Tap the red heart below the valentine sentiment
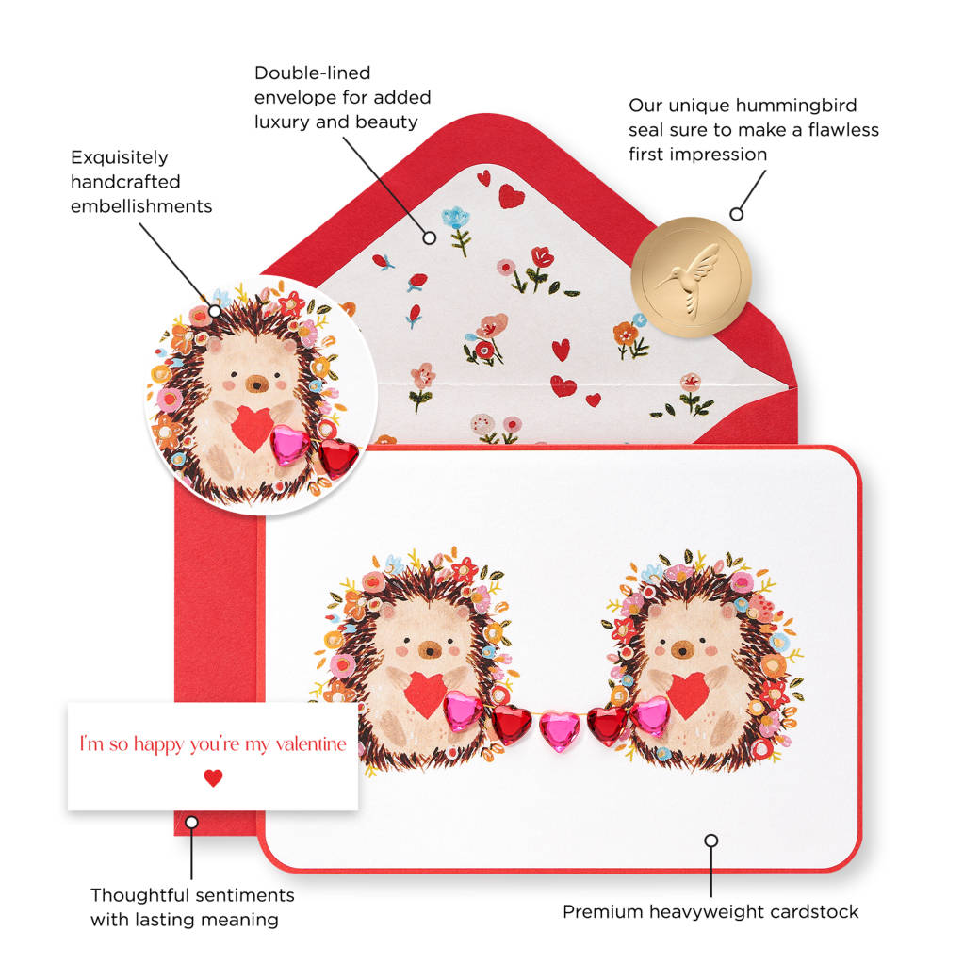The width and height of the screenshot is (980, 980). pyautogui.click(x=214, y=778)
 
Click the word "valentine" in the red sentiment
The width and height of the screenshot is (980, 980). pyautogui.click(x=310, y=744)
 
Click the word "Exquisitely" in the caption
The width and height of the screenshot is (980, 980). pyautogui.click(x=120, y=157)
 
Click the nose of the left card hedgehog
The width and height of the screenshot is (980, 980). pyautogui.click(x=428, y=649)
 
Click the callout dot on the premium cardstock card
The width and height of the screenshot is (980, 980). pyautogui.click(x=711, y=841)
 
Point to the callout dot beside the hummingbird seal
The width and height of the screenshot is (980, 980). pyautogui.click(x=737, y=214)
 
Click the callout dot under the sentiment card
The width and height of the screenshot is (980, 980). pyautogui.click(x=191, y=822)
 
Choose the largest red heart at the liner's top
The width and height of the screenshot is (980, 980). pyautogui.click(x=512, y=195)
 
